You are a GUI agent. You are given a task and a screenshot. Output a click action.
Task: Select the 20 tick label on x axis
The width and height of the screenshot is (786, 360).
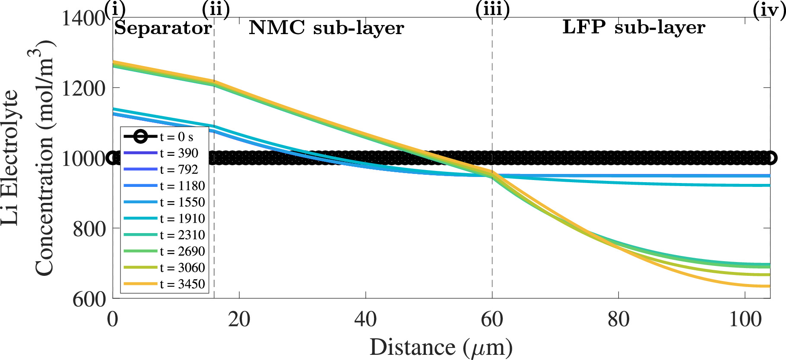(239, 320)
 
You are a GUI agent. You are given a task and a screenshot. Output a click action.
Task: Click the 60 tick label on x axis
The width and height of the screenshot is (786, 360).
(492, 320)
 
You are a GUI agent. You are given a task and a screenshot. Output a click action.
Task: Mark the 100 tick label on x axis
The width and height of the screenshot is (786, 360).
(745, 320)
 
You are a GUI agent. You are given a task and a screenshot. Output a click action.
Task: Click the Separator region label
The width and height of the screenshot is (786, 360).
(163, 28)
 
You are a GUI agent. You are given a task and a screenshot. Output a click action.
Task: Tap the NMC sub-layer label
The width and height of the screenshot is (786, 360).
(326, 28)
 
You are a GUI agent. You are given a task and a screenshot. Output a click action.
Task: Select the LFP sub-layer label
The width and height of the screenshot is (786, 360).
(634, 28)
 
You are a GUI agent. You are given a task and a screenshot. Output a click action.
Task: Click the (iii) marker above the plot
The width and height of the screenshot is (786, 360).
(492, 9)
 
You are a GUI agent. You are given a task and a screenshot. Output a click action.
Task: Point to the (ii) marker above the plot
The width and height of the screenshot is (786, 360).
(215, 9)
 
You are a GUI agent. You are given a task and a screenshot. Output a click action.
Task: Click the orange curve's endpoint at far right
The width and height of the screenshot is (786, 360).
(769, 286)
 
